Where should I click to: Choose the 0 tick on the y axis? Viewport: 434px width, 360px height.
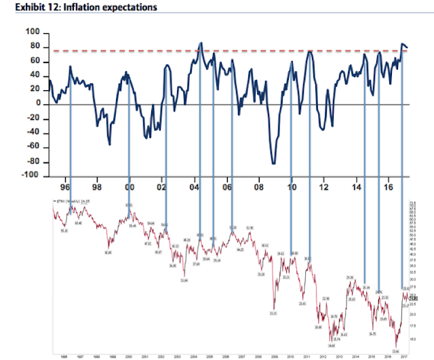pyautogui.click(x=39, y=104)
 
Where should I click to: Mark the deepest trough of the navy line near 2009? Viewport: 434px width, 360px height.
pyautogui.click(x=273, y=163)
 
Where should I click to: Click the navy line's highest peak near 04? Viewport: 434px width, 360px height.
pyautogui.click(x=200, y=43)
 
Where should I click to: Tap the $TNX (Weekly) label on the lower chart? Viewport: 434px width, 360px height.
pyautogui.click(x=70, y=202)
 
